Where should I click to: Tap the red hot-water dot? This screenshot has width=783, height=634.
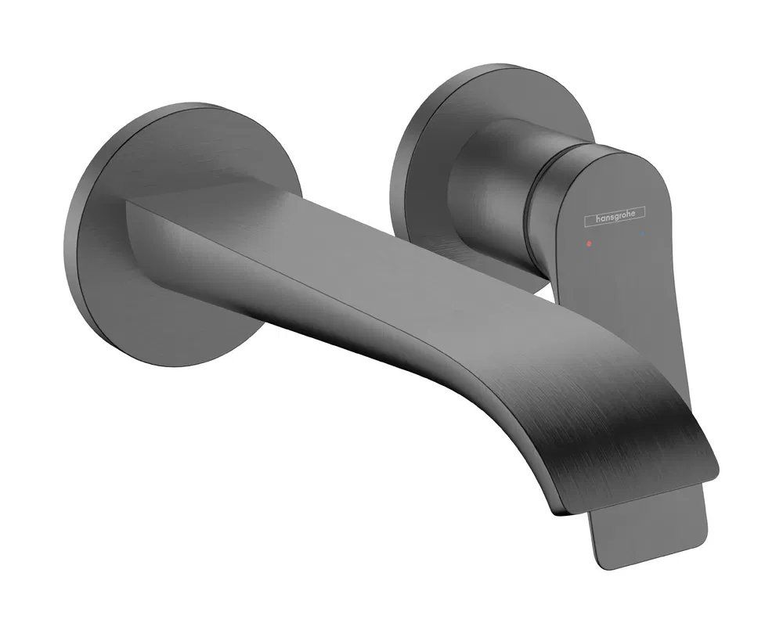pyautogui.click(x=590, y=244)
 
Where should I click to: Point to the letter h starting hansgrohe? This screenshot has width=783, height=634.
pyautogui.click(x=597, y=218)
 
